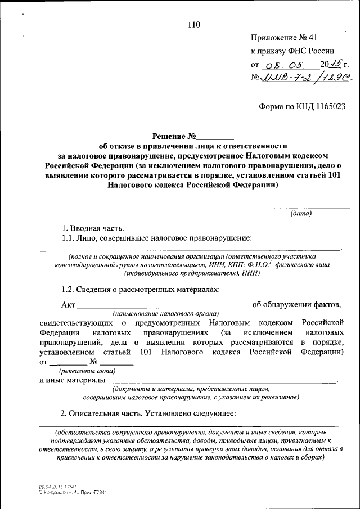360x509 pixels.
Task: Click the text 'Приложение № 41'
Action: (x=284, y=38)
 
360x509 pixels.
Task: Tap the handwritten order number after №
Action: (x=304, y=79)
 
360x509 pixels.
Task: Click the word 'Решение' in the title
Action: (x=170, y=136)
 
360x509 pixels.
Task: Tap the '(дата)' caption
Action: (x=301, y=214)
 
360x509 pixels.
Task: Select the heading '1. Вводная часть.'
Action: (x=93, y=228)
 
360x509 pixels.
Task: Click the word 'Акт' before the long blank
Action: (x=67, y=305)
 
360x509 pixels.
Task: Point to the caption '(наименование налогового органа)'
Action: (x=165, y=313)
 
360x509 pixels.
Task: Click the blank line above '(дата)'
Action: (x=301, y=209)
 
